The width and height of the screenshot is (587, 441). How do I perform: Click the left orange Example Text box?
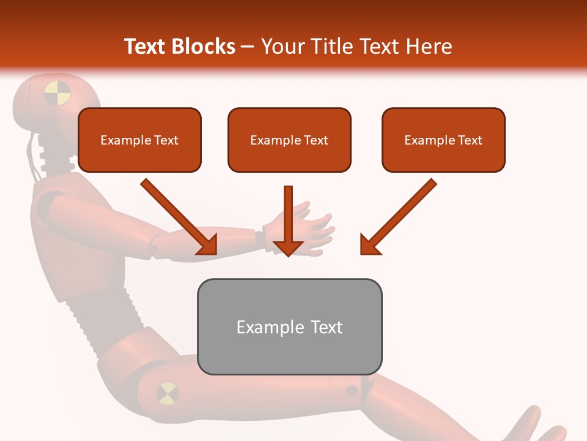(x=139, y=140)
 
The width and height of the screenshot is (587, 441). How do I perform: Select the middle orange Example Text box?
(x=289, y=140)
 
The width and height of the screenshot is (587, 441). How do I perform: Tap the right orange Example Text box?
(x=443, y=140)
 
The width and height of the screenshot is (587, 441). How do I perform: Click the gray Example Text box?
(x=289, y=326)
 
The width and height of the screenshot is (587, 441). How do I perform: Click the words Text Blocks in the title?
(x=180, y=47)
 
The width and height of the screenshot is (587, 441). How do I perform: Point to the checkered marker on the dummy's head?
(x=57, y=94)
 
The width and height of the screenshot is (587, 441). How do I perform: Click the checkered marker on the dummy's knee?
(x=167, y=393)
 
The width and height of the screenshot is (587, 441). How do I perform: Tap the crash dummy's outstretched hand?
(x=312, y=230)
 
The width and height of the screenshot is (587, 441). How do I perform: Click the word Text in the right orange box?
(x=470, y=140)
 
